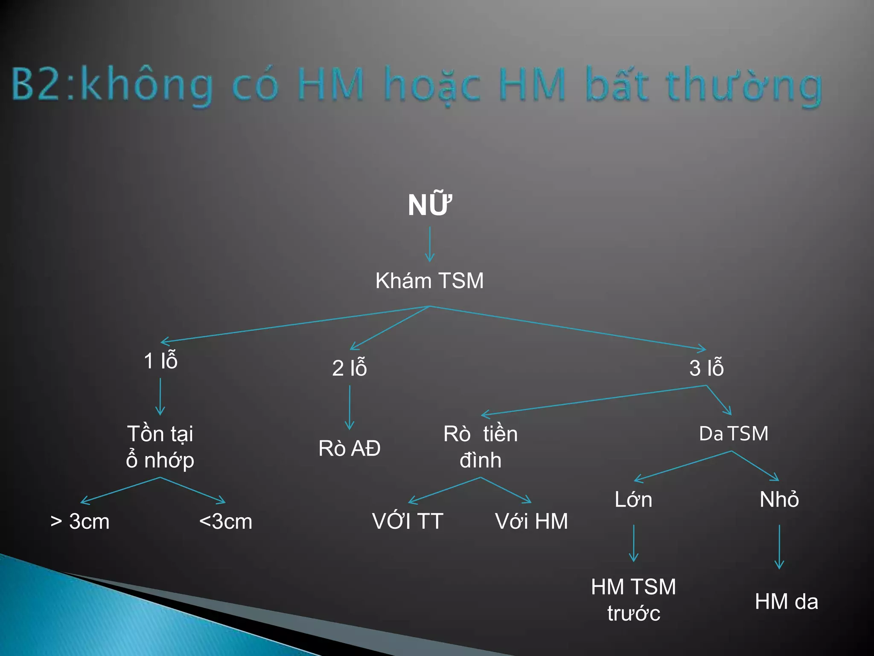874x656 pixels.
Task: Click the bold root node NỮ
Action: point(429,205)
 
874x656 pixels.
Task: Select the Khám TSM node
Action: point(429,281)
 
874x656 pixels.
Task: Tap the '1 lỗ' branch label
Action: point(160,361)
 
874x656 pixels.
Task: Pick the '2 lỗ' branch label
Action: point(349,368)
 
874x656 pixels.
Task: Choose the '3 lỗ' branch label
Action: point(706,368)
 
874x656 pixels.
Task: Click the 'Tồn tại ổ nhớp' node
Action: point(160,447)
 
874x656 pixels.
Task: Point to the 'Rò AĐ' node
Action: point(349,448)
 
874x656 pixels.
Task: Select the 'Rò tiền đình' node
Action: point(481,447)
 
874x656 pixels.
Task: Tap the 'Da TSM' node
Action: point(734,433)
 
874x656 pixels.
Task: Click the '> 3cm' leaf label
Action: point(80,521)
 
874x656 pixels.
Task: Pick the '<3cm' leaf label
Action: point(225,521)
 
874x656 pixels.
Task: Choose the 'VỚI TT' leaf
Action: point(408,521)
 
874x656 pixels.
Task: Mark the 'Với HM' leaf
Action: point(531,521)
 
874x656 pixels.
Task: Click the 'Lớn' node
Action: point(633,499)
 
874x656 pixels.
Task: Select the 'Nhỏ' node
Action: point(779,499)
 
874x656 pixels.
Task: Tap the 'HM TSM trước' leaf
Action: point(633,600)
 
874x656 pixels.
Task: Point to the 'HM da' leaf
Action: point(786,602)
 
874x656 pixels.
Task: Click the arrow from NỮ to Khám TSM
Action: point(430,244)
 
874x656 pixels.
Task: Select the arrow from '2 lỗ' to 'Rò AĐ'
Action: point(350,407)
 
